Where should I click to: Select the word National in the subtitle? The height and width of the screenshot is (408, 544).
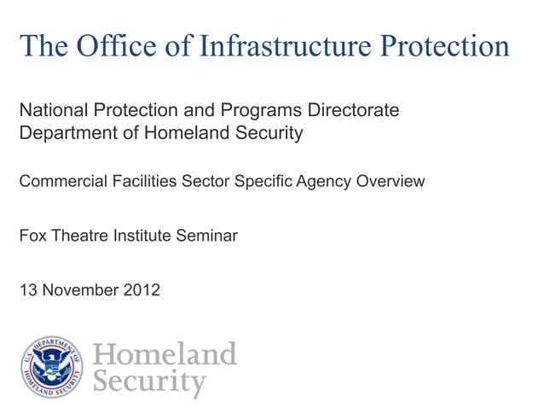point(51,111)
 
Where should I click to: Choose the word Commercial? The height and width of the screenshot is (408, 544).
point(61,181)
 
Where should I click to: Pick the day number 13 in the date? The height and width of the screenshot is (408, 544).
point(28,290)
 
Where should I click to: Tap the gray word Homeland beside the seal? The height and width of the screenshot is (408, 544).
point(164,353)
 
